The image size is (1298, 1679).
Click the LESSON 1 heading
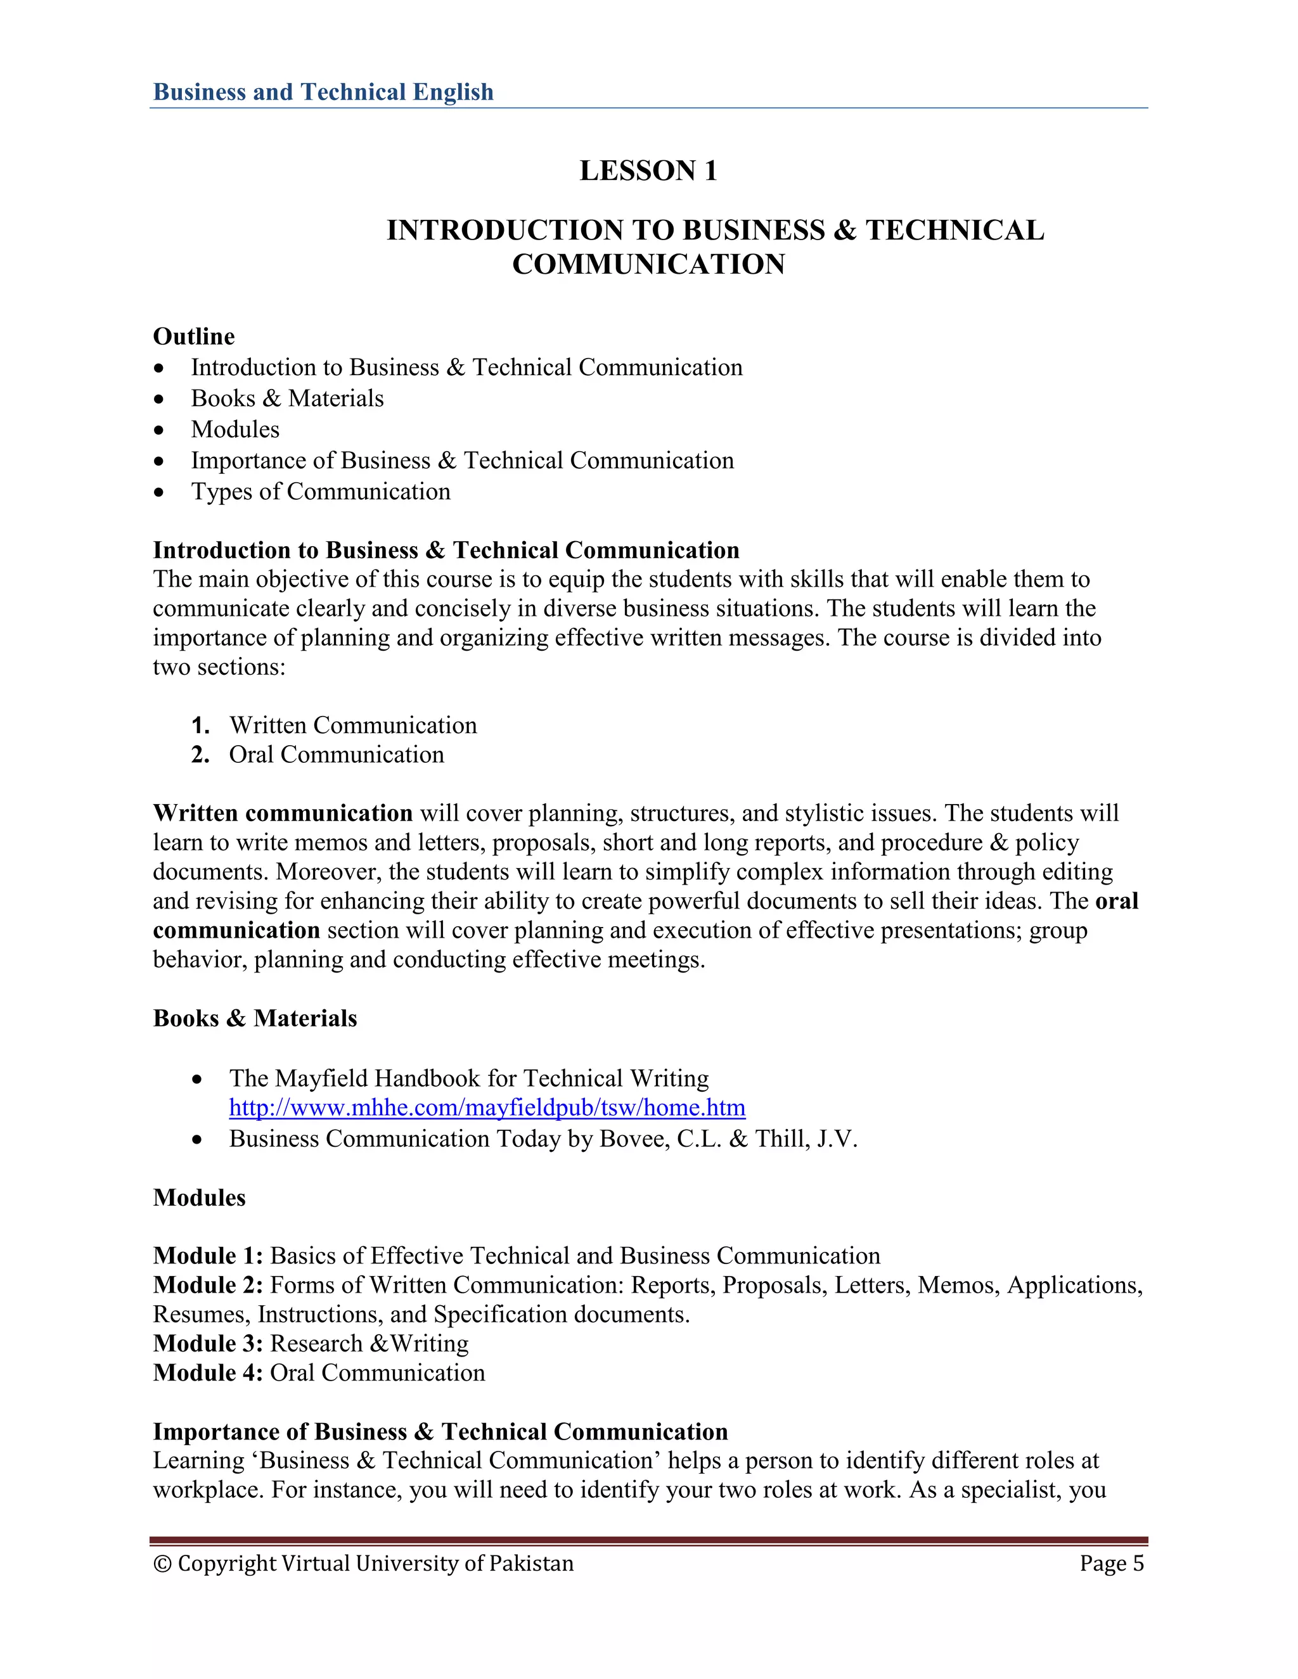click(x=648, y=170)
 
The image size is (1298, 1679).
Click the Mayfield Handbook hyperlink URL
click(x=487, y=1108)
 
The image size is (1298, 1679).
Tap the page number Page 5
click(x=1111, y=1564)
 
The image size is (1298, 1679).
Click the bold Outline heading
click(x=194, y=336)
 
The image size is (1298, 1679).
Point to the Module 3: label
click(x=208, y=1343)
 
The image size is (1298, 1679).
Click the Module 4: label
click(x=208, y=1372)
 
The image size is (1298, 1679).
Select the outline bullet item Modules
click(x=235, y=429)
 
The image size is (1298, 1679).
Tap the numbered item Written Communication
click(x=352, y=725)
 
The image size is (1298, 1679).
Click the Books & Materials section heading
click(x=255, y=1018)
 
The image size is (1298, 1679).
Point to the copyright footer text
click(x=364, y=1564)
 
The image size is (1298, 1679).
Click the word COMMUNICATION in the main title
click(x=648, y=264)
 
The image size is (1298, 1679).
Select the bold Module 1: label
click(x=208, y=1255)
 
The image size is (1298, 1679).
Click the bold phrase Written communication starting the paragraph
click(x=282, y=813)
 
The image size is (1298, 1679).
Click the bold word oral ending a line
click(x=1117, y=900)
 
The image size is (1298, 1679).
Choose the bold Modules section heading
click(x=199, y=1197)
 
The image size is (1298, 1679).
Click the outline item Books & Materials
click(x=287, y=399)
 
